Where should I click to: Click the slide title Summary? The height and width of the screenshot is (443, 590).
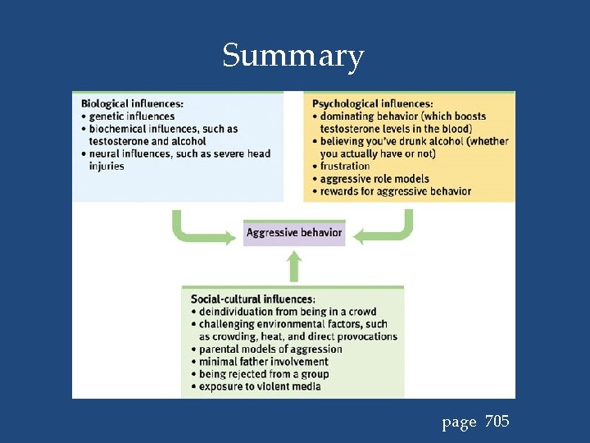(x=293, y=57)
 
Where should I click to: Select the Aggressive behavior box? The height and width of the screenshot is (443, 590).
(x=294, y=233)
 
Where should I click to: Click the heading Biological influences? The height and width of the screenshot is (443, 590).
(x=132, y=103)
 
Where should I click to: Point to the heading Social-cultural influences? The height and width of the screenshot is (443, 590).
(x=252, y=299)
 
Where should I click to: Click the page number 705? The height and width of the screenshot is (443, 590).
(x=497, y=422)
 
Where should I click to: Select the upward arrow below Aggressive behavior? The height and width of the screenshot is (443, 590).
(x=294, y=266)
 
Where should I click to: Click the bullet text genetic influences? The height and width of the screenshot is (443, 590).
(x=132, y=116)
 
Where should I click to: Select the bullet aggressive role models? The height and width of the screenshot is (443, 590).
(x=374, y=179)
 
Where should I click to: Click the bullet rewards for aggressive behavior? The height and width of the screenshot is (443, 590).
(x=396, y=191)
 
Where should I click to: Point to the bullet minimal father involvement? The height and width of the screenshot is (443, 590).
(x=263, y=361)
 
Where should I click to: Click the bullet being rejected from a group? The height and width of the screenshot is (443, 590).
(x=264, y=374)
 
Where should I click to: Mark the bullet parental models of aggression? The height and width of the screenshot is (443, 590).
(x=270, y=349)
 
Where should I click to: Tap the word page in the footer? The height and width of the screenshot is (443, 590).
(x=459, y=423)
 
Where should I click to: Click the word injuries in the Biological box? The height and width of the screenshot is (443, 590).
(x=107, y=166)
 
